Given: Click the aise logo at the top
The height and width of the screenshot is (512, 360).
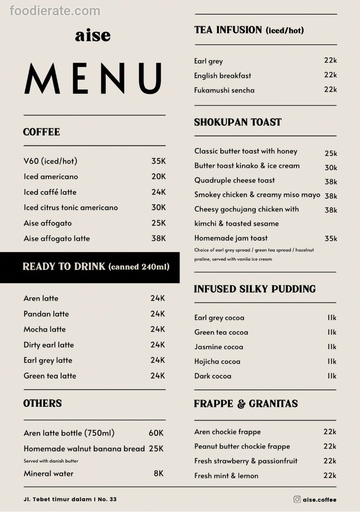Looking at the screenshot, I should [92, 36].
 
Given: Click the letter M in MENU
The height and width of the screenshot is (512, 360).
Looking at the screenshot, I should [43, 79].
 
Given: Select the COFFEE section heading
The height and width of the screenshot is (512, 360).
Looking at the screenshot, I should [42, 132].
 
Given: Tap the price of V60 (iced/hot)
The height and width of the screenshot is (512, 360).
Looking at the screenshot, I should [158, 161].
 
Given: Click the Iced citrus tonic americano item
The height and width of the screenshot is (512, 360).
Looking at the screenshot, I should [71, 208].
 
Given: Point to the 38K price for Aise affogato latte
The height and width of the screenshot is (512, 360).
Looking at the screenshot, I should [158, 238].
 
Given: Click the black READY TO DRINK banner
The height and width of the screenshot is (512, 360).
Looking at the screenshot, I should [90, 267].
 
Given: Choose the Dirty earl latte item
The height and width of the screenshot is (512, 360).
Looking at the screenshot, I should [49, 345].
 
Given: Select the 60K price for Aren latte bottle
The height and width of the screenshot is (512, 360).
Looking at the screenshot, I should [156, 433].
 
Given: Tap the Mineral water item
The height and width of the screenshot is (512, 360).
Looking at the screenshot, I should [48, 474].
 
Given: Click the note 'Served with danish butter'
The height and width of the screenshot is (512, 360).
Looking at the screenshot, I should [51, 461].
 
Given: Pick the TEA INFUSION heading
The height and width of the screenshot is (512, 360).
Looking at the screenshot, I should [249, 30].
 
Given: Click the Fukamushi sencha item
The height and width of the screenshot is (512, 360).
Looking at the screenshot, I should [224, 90].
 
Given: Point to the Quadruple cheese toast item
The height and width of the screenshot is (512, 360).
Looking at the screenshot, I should [234, 180].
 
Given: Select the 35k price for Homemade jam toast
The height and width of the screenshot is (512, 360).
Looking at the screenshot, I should [331, 238].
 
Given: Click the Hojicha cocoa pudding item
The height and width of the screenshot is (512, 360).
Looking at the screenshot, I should [217, 361].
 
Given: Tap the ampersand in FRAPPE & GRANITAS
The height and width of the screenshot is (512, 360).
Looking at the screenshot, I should [241, 404].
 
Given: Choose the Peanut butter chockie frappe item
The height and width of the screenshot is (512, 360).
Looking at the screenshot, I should [242, 446].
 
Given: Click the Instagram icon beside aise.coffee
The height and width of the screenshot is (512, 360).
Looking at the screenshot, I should [297, 499].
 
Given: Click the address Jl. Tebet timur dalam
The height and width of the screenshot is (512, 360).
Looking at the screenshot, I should [70, 499].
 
